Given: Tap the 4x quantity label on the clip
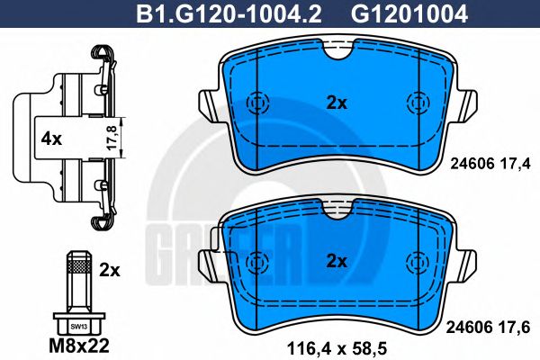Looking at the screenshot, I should (50, 139).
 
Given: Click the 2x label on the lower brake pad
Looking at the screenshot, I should (337, 262).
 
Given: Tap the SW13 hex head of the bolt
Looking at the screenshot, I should (78, 325).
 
